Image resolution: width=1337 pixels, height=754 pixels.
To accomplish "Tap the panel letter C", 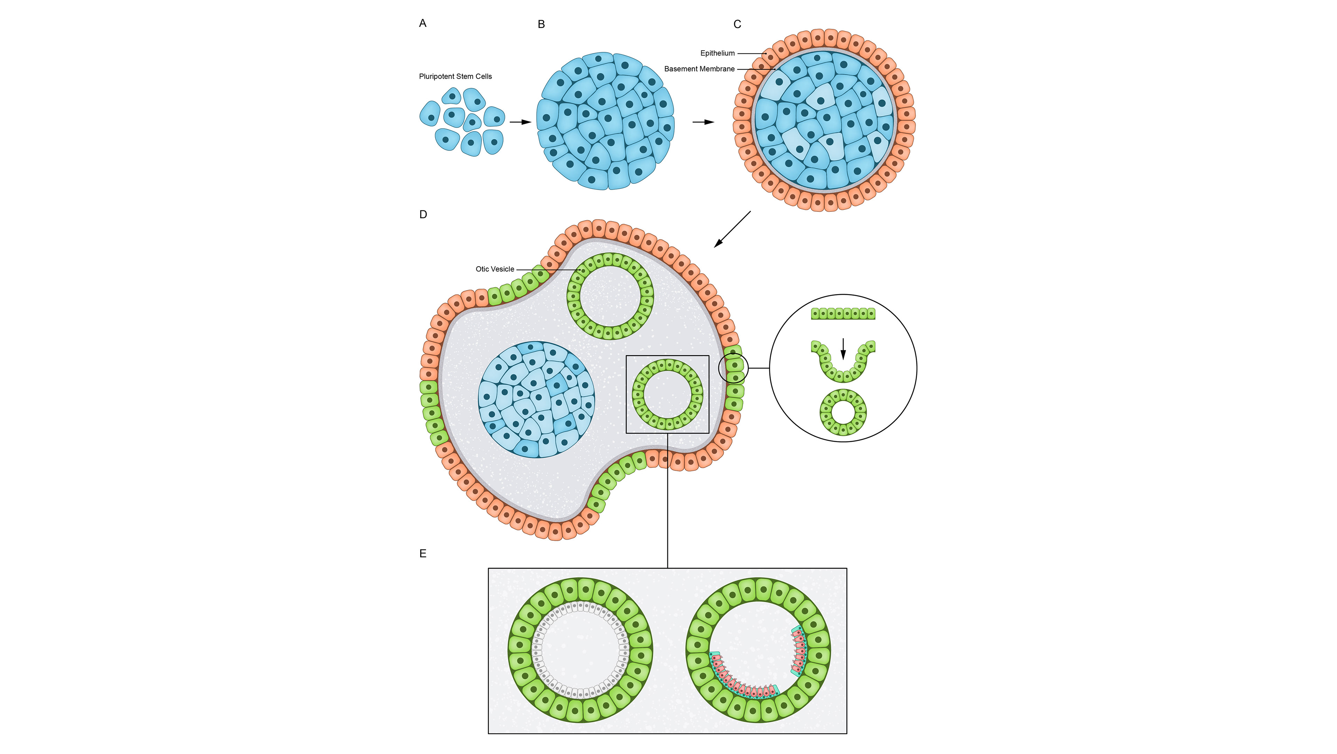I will click(737, 24).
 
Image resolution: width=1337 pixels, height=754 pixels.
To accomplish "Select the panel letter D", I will click(423, 215).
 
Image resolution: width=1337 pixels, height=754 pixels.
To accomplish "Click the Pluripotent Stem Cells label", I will click(455, 76).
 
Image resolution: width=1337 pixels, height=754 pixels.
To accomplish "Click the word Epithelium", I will click(717, 53).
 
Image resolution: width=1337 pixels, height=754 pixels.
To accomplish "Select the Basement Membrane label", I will click(699, 69).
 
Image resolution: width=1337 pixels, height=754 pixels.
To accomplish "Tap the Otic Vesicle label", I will click(495, 269).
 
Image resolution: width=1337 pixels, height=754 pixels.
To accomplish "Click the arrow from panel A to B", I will click(520, 122).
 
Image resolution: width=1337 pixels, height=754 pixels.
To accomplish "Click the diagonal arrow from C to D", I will click(732, 229).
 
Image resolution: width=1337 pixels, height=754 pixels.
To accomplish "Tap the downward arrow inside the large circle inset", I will click(843, 348).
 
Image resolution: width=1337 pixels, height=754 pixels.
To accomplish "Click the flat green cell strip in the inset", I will click(843, 314).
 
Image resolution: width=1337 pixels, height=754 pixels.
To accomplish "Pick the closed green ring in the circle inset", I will click(843, 412).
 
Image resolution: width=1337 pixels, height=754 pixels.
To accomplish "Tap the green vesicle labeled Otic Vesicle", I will click(610, 296).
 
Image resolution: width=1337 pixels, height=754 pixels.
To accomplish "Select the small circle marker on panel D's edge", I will click(733, 368).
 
